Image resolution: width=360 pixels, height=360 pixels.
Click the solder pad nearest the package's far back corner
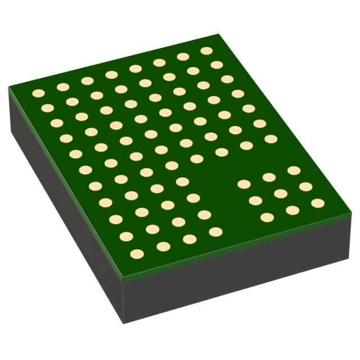(x=206, y=51)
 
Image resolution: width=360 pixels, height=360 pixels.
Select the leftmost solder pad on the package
(x=38, y=93)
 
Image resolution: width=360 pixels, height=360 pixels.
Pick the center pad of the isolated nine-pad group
(x=281, y=193)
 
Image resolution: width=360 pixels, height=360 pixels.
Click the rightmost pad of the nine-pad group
(x=318, y=203)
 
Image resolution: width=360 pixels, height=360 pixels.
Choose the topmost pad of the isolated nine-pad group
(x=293, y=170)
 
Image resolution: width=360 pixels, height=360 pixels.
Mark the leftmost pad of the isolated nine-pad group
(x=244, y=184)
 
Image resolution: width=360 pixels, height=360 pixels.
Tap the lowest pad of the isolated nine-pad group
(x=267, y=217)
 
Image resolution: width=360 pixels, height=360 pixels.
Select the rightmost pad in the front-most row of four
(x=215, y=231)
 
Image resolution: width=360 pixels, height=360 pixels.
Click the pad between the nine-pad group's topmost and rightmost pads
(x=305, y=186)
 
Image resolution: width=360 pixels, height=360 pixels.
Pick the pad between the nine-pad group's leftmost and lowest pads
(x=255, y=200)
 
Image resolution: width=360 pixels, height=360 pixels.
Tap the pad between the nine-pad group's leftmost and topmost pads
(x=269, y=177)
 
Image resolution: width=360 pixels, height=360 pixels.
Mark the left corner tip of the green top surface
(x=8, y=88)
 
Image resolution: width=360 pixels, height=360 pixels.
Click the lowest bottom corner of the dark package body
(x=123, y=324)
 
